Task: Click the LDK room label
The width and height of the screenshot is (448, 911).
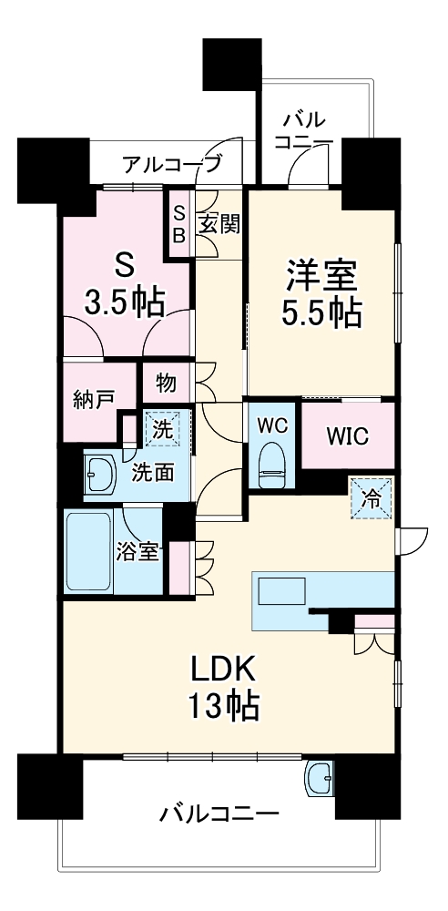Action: point(224,670)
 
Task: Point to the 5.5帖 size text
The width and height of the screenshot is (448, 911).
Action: point(322,312)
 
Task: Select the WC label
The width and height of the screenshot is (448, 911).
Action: point(270,425)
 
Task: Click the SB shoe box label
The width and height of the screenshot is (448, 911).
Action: point(179,223)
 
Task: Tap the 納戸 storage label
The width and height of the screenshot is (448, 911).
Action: point(95,399)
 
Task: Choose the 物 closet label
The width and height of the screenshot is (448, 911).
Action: point(165,383)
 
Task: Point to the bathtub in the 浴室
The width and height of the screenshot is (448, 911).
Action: point(88,550)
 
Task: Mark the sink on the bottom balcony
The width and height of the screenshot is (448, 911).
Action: point(321,777)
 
